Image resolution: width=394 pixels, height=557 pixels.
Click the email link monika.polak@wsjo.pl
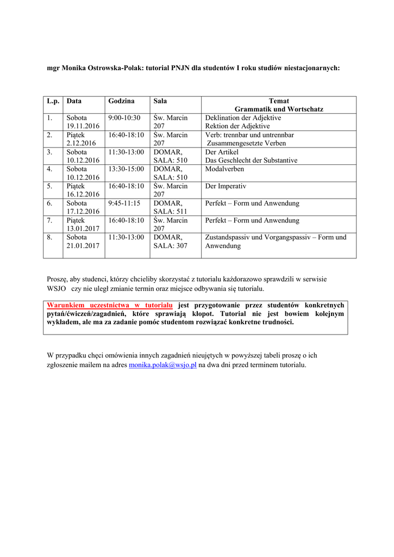[x=162, y=365]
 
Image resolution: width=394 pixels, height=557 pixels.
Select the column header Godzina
[x=121, y=101]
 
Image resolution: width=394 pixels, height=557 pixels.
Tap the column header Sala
[x=160, y=101]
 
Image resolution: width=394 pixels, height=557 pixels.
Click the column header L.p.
[x=53, y=101]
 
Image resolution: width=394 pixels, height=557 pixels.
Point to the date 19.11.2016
[x=83, y=126]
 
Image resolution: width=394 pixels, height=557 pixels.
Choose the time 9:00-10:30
[x=124, y=118]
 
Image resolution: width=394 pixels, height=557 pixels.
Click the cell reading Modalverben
[x=224, y=169]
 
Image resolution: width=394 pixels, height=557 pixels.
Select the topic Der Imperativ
[x=226, y=186]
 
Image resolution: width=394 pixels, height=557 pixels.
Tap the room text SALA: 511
[x=170, y=212]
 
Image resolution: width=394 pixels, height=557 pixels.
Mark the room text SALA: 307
[x=170, y=246]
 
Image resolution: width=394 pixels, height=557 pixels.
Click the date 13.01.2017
[x=83, y=229]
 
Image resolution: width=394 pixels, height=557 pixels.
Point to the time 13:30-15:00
[x=126, y=169]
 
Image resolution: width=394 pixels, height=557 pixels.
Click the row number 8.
[x=49, y=238]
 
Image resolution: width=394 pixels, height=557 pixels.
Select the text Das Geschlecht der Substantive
[x=251, y=160]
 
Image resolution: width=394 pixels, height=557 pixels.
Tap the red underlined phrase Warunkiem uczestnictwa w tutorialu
[x=110, y=306]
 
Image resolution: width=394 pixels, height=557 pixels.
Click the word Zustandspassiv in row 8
[x=228, y=238]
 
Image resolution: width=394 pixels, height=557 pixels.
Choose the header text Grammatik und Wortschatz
[x=279, y=109]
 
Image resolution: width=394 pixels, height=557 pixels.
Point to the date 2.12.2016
[x=81, y=143]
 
